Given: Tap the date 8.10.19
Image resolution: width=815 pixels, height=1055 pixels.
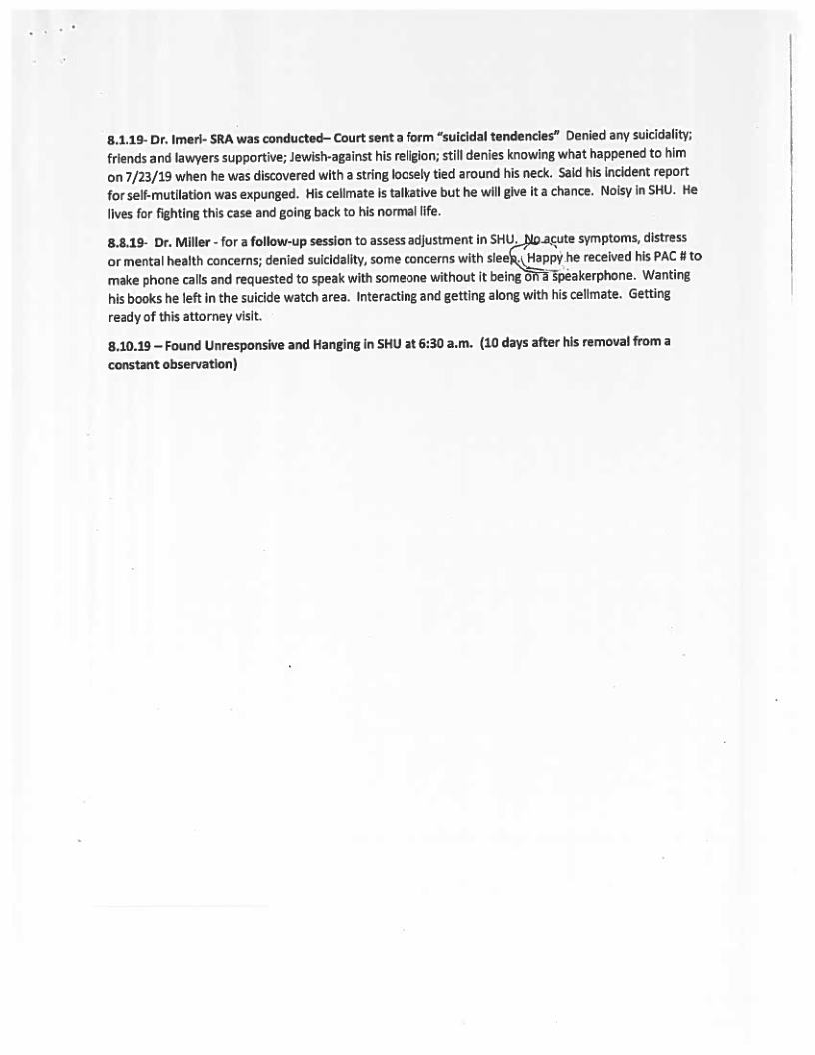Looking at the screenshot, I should coord(130,345).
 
